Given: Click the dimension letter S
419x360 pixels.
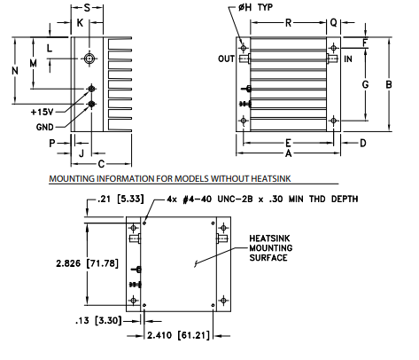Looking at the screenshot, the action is tap(87, 8).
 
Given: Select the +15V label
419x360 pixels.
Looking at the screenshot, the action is tap(43, 112).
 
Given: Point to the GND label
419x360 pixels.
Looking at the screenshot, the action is tap(45, 127).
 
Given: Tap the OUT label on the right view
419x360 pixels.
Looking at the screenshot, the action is tap(226, 59).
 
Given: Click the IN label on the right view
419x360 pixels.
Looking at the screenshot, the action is tap(348, 59).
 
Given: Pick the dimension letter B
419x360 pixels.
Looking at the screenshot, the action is tap(389, 84).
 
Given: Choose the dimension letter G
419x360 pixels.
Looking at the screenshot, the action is tap(365, 84).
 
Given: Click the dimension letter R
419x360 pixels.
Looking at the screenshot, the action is tap(288, 23).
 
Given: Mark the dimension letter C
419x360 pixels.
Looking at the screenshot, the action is tap(101, 164).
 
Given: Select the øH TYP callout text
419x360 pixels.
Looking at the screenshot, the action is tap(256, 7).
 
